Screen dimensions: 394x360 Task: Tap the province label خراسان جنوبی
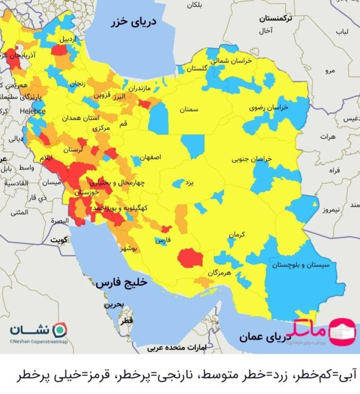[x=252, y=159]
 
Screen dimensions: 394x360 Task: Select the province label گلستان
[x=197, y=68]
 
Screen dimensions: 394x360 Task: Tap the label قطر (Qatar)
[x=127, y=321]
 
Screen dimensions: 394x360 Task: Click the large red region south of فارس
[x=189, y=258]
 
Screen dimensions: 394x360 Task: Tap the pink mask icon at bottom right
[x=343, y=331]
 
